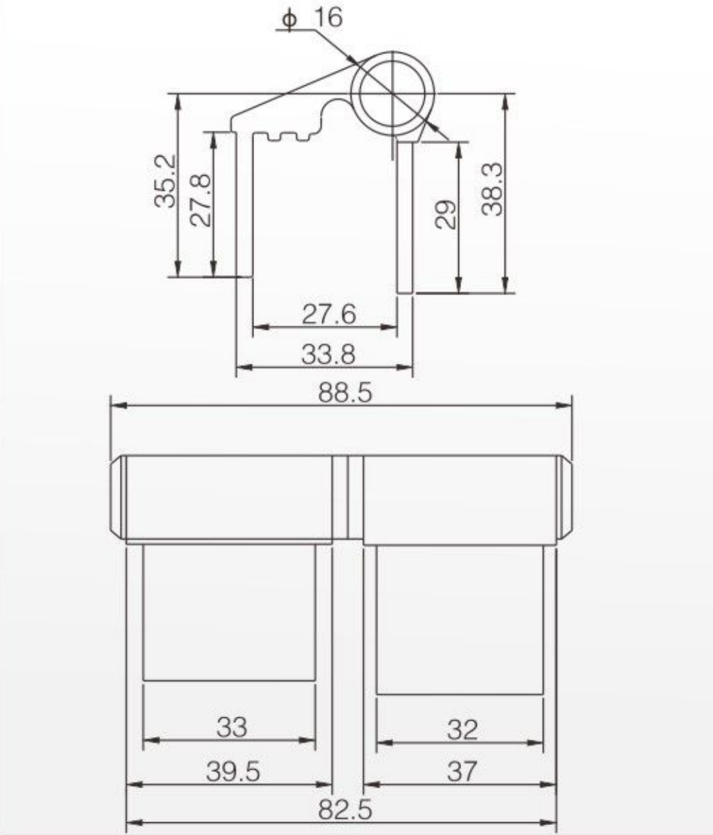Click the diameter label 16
(x=328, y=18)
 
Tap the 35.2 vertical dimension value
(x=165, y=180)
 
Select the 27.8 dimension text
(x=201, y=200)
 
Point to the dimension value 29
(x=446, y=214)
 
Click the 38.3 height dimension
(x=492, y=189)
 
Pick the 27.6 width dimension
(x=328, y=314)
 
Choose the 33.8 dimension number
(x=328, y=354)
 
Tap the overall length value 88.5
(x=345, y=393)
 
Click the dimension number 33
(x=232, y=726)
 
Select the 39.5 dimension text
(x=233, y=771)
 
